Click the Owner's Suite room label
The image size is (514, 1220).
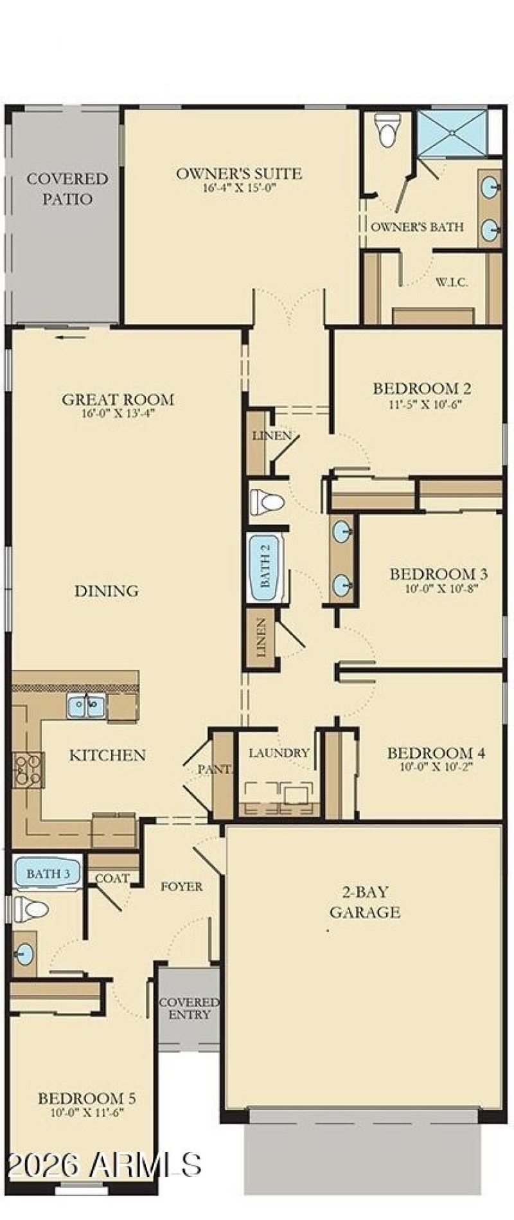[239, 174]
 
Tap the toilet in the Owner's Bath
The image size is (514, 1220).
[387, 130]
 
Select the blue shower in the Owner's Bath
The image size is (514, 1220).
[452, 132]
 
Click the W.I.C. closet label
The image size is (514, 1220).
[452, 282]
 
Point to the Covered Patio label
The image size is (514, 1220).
[67, 188]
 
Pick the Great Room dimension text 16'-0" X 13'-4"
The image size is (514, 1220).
[118, 414]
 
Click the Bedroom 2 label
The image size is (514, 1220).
[421, 388]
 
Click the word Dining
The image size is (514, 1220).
[106, 591]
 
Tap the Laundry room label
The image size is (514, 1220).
[279, 753]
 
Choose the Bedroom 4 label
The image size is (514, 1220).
[436, 753]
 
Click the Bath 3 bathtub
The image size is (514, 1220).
[47, 874]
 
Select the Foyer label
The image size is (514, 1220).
[181, 886]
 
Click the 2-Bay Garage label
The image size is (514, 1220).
[365, 902]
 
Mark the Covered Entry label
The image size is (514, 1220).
[189, 1009]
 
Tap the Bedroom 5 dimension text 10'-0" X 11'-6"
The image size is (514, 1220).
[87, 1113]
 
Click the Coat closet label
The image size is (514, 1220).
[112, 878]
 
